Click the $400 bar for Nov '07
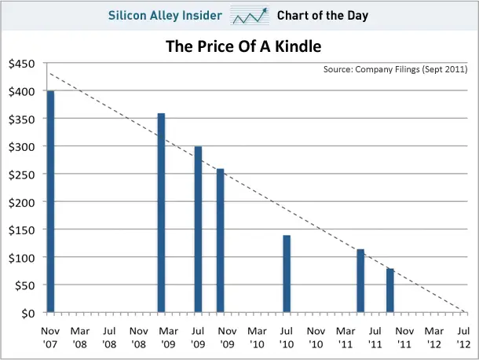tap(51, 202)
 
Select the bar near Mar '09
tap(162, 213)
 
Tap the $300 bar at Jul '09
tap(198, 230)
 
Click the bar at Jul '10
tap(287, 274)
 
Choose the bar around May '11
tap(360, 281)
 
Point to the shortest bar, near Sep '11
tap(390, 290)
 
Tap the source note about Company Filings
tap(396, 70)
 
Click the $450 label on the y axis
tap(20, 64)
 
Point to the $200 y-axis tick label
tap(20, 202)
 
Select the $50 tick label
tap(24, 285)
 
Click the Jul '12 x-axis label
tap(463, 336)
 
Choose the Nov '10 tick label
tap(316, 336)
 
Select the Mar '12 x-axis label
tap(433, 336)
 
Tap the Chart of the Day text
tap(323, 15)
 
